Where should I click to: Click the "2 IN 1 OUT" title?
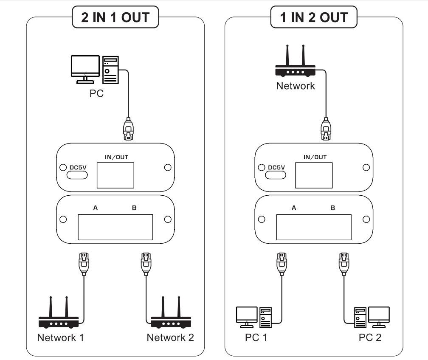pyautogui.click(x=115, y=17)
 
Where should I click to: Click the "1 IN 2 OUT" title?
pyautogui.click(x=314, y=17)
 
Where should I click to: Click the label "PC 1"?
pyautogui.click(x=256, y=337)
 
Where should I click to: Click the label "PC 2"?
pyautogui.click(x=370, y=337)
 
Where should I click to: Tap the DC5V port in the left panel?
pyautogui.click(x=78, y=169)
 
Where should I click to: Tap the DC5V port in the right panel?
pyautogui.click(x=276, y=169)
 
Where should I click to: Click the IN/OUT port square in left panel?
pyautogui.click(x=115, y=175)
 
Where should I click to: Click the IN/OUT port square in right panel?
pyautogui.click(x=314, y=175)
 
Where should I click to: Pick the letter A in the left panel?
pyautogui.click(x=96, y=208)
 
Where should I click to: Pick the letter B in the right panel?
pyautogui.click(x=332, y=208)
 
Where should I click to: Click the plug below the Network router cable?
pyautogui.click(x=326, y=129)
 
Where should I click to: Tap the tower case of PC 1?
pyautogui.click(x=265, y=317)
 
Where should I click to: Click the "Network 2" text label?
pyautogui.click(x=170, y=337)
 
